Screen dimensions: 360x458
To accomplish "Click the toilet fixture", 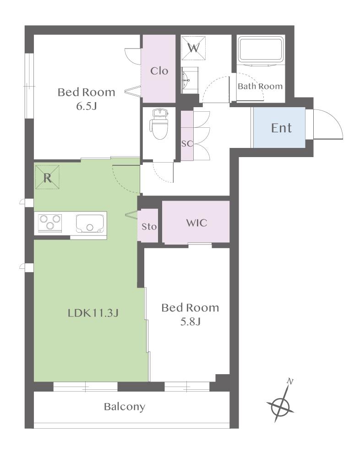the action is tap(158, 124).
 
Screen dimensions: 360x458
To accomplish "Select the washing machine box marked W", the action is tap(193, 48).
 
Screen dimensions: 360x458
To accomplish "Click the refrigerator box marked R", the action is tap(47, 177).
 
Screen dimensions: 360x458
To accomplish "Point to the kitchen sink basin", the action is tap(90, 224).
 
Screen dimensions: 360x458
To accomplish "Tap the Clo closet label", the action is tap(159, 71).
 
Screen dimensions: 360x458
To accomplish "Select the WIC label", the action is tap(196, 223).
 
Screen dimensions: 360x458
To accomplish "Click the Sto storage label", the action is tap(149, 226).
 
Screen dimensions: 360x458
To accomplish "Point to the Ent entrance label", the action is tap(281, 128).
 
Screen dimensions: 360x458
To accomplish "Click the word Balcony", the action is tap(125, 407).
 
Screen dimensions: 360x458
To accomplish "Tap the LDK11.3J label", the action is tap(93, 313).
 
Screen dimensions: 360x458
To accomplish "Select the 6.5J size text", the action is tap(86, 106).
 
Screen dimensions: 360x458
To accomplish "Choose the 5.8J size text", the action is tap(190, 322).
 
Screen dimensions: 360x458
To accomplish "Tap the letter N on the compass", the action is tap(290, 382).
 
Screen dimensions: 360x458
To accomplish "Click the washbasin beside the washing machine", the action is tap(186, 79).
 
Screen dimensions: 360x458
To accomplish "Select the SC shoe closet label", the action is tap(187, 144).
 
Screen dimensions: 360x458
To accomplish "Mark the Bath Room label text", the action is tap(260, 86).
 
